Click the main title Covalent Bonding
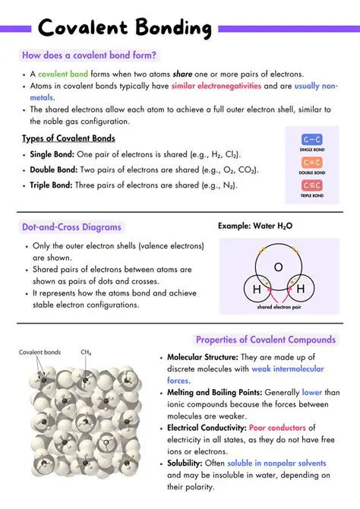click(125, 28)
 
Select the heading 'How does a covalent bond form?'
click(90, 55)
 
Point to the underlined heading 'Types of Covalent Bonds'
click(68, 138)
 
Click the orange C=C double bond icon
click(312, 162)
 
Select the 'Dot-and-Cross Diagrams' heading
click(71, 227)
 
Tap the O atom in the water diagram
click(278, 267)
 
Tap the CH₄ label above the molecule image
click(87, 353)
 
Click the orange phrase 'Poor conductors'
click(282, 428)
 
